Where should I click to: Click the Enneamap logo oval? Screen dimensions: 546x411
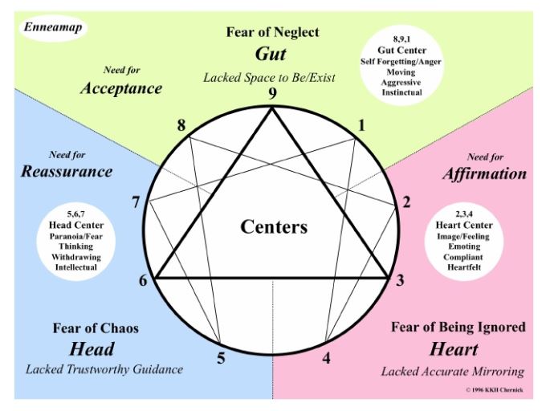click(52, 28)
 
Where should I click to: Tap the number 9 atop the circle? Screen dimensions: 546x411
click(272, 94)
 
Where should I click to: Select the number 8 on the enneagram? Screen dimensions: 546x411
click(181, 125)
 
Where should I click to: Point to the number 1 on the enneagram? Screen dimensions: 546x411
click(362, 125)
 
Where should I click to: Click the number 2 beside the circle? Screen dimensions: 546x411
click(406, 202)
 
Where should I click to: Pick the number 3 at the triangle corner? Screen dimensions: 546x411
click(400, 280)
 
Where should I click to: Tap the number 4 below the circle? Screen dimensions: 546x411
click(326, 358)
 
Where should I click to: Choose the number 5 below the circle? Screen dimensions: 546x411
click(221, 358)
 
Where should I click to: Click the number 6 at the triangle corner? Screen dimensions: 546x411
click(143, 280)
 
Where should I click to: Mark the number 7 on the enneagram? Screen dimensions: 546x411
click(136, 202)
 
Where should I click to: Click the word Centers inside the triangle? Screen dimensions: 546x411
click(274, 226)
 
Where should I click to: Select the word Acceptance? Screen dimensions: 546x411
click(121, 88)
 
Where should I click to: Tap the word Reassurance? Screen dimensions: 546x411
click(67, 172)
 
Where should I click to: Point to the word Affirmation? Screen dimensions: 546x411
click(484, 173)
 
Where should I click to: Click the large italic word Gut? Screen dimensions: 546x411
click(271, 54)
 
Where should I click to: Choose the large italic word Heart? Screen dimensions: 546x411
click(454, 349)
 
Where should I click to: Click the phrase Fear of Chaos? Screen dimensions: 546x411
click(96, 328)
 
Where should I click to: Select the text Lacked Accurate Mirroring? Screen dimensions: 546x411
click(453, 372)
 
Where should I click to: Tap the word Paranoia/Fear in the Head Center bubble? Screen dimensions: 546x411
click(76, 236)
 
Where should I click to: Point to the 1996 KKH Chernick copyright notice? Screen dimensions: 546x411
click(495, 390)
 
